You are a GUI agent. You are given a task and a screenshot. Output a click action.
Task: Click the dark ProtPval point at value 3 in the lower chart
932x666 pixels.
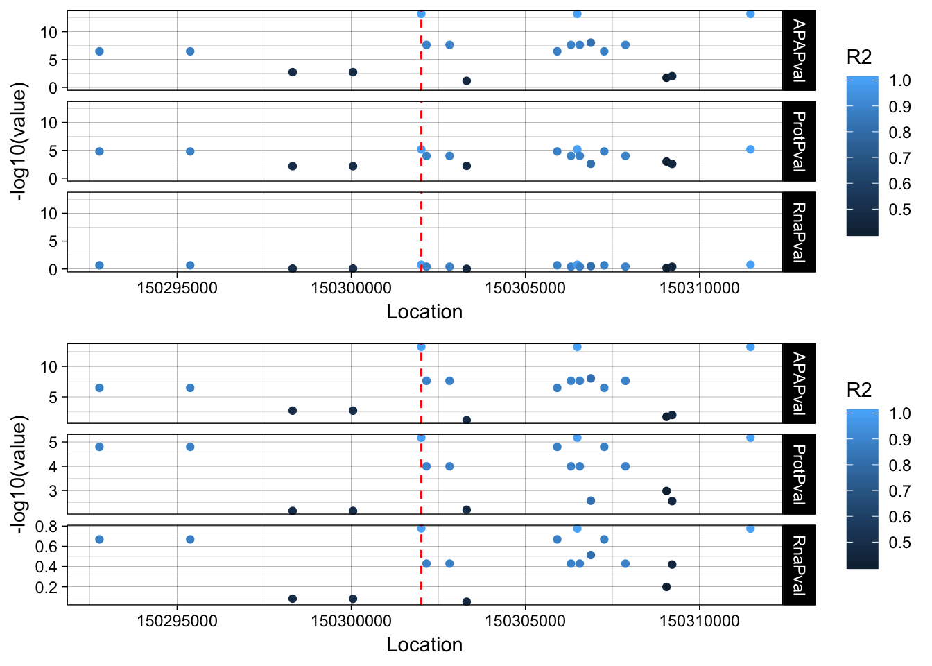tap(666, 491)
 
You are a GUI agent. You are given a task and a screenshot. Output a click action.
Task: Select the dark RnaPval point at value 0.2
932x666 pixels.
tap(666, 587)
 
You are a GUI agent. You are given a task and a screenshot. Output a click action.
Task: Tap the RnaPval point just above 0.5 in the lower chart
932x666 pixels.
tap(591, 555)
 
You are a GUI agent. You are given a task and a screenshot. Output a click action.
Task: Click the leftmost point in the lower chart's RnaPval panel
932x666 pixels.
tap(99, 539)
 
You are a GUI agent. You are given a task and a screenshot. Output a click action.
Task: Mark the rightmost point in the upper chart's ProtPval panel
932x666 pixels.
tap(750, 149)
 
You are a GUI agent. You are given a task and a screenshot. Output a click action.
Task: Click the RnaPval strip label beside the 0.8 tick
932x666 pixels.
tap(799, 565)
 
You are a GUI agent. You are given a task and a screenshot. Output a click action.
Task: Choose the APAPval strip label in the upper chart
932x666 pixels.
tap(799, 51)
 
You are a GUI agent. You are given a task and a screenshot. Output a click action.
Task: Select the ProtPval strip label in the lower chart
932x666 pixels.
tap(799, 474)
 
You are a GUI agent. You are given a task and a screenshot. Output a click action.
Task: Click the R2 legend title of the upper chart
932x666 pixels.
tap(859, 58)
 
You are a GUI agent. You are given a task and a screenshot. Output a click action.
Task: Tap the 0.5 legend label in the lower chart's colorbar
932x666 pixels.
tap(900, 543)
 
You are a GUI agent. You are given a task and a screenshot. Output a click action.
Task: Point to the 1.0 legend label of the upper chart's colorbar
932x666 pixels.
tap(900, 81)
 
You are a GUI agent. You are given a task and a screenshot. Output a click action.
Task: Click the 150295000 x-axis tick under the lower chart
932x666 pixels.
tap(177, 621)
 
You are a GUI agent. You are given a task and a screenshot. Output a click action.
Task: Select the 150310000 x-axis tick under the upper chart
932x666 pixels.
tap(699, 288)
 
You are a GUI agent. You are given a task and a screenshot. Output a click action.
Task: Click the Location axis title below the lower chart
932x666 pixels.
tap(424, 644)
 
